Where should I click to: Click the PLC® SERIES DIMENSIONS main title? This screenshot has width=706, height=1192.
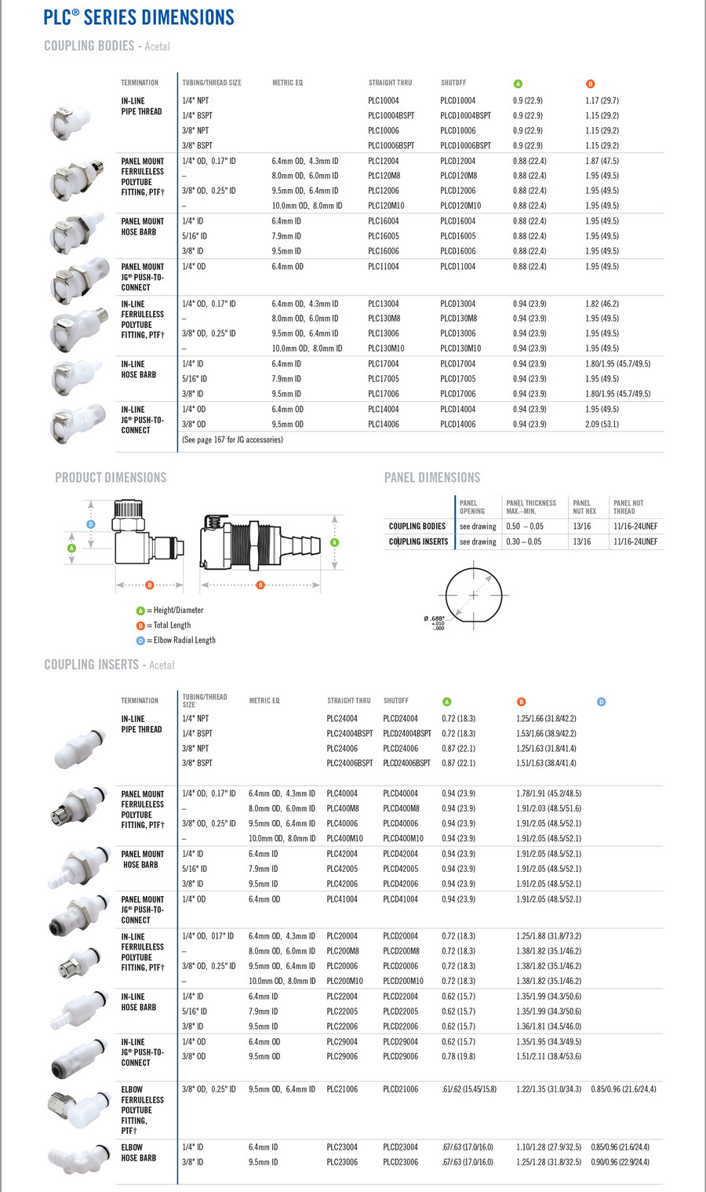pos(139,17)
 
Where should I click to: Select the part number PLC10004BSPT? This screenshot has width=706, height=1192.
pos(391,115)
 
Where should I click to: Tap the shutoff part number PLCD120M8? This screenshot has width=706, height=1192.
pos(458,176)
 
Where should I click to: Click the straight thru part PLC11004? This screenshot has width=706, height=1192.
pos(383,267)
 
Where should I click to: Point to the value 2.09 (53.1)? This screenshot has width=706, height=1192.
pos(602,425)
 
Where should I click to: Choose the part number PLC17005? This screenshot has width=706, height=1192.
pos(383,379)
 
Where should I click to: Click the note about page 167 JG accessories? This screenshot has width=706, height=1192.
pos(232,440)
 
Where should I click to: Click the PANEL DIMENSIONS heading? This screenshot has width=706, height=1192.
pos(431,477)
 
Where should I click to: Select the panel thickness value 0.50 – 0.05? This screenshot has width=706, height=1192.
pos(525,527)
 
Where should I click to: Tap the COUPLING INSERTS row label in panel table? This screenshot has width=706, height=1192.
pos(418,542)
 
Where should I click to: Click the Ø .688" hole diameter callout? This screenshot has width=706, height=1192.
pos(434,619)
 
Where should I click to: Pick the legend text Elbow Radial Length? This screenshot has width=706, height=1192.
pos(184,640)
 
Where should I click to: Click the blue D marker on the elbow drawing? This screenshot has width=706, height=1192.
pos(91,524)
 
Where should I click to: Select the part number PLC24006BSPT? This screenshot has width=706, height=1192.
pos(349,763)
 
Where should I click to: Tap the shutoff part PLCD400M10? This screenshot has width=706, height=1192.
pos(402,839)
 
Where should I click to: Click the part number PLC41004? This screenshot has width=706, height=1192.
pos(342,899)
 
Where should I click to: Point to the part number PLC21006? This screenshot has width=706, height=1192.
pos(342,1089)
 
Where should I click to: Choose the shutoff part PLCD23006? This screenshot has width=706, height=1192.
pos(400,1162)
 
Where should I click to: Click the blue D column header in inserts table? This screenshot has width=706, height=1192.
pos(601,702)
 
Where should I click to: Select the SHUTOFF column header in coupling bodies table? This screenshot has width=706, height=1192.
pos(453,82)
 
